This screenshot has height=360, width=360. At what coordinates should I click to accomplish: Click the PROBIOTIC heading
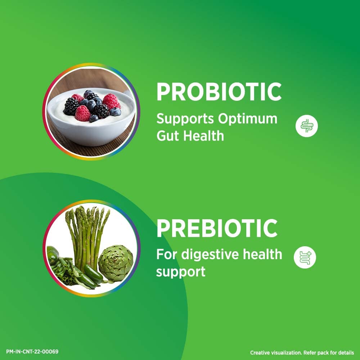pos(219,92)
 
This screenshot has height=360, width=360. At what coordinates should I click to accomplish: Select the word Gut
pos(168,136)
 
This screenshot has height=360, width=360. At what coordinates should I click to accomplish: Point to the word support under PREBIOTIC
pos(180,271)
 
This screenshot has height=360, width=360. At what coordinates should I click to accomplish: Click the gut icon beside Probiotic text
pos(307,126)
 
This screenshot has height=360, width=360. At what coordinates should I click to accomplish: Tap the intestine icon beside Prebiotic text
pos(305,257)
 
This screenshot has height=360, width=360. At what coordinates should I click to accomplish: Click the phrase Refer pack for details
pos(325,353)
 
